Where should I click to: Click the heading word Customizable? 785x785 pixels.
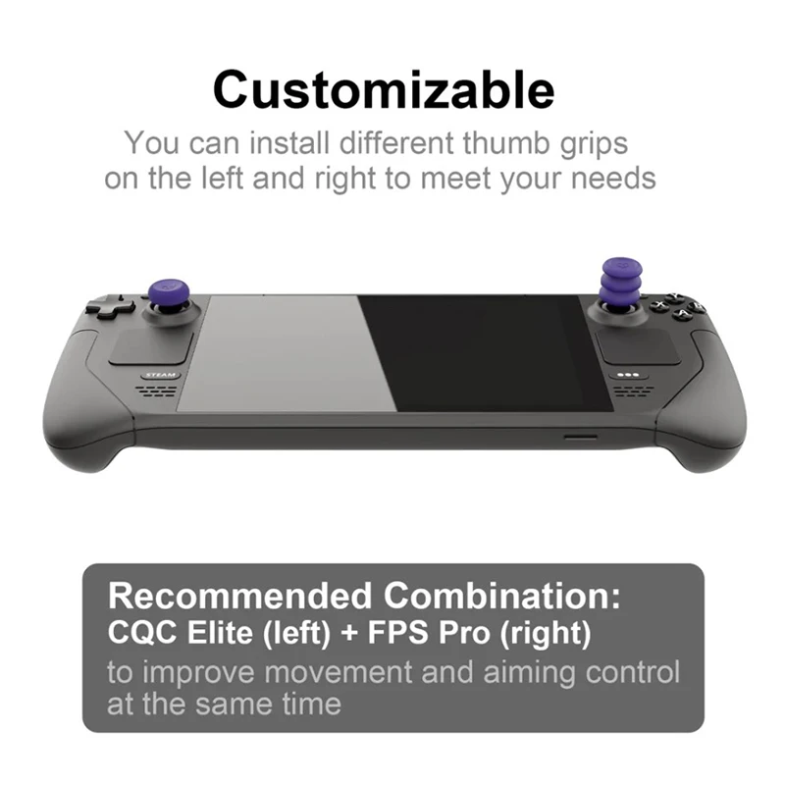[384, 89]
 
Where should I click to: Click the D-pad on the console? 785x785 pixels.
[110, 305]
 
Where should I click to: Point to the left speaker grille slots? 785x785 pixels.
[156, 391]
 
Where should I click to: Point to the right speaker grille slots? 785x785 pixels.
[630, 391]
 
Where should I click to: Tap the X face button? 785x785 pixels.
[660, 305]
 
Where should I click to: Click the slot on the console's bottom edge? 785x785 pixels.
[580, 437]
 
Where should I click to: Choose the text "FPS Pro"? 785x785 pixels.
[427, 633]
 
